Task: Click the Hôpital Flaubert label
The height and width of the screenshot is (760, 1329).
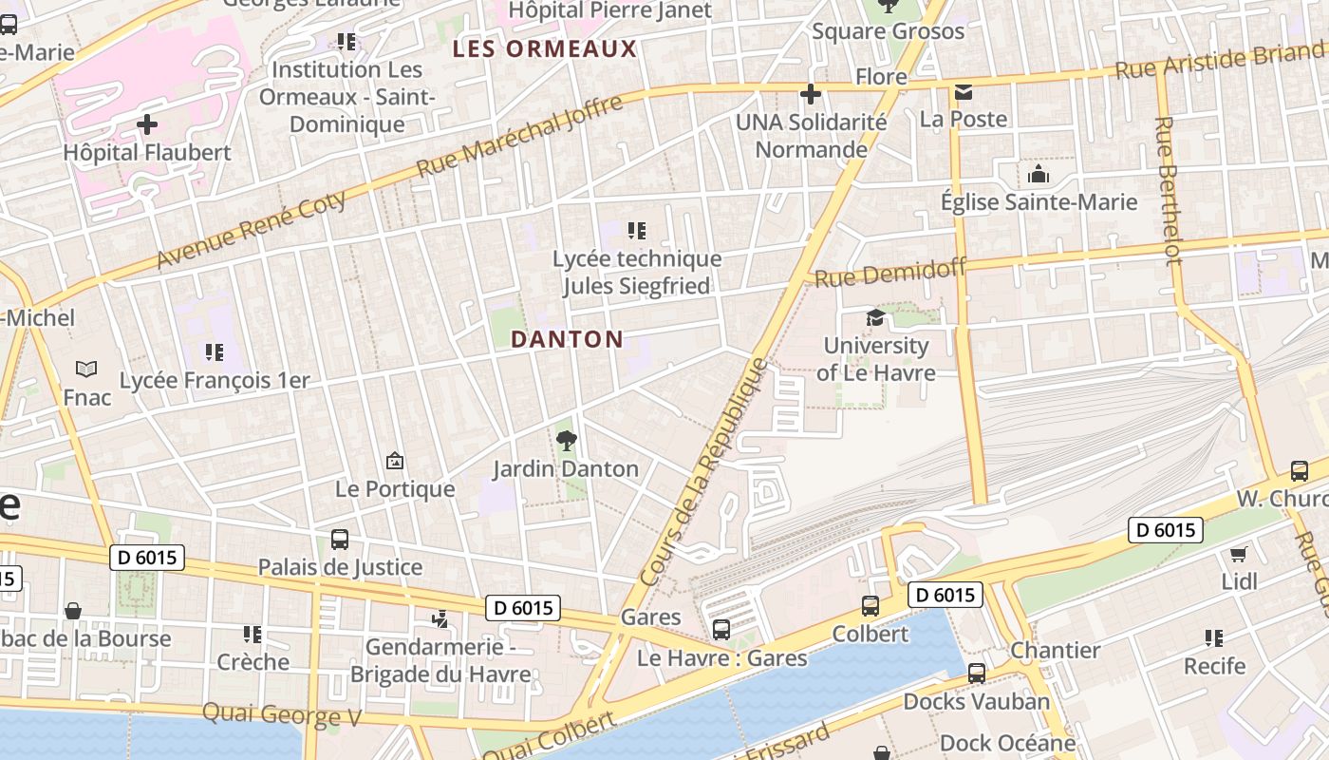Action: tap(147, 152)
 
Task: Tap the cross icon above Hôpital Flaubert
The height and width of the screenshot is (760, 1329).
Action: tap(147, 124)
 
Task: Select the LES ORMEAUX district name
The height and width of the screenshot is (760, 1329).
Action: tap(544, 49)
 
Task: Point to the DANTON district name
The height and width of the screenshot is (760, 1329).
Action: tap(567, 339)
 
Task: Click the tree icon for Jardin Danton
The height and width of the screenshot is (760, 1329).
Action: tap(567, 441)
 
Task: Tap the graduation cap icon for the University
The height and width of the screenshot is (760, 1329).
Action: tap(875, 317)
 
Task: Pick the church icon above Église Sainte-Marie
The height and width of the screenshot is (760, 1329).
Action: tap(1039, 175)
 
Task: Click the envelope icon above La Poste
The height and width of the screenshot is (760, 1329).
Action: tap(964, 92)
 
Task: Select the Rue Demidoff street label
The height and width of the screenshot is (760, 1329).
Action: tap(890, 272)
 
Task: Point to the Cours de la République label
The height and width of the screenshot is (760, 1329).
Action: tap(703, 471)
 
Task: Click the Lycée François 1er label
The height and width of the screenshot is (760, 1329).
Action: tap(215, 380)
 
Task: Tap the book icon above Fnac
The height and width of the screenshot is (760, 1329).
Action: tap(86, 369)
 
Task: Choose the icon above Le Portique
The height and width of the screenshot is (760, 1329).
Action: tap(395, 462)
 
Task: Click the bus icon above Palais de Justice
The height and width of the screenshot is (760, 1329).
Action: tap(340, 540)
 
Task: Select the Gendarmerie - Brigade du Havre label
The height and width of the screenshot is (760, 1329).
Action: tap(440, 661)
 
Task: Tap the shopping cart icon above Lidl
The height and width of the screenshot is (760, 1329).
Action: tap(1238, 554)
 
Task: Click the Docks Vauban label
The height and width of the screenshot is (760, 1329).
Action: tap(976, 702)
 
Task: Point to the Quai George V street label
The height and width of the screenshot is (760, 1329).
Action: tap(282, 714)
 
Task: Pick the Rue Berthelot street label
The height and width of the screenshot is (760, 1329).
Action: tap(1168, 190)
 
